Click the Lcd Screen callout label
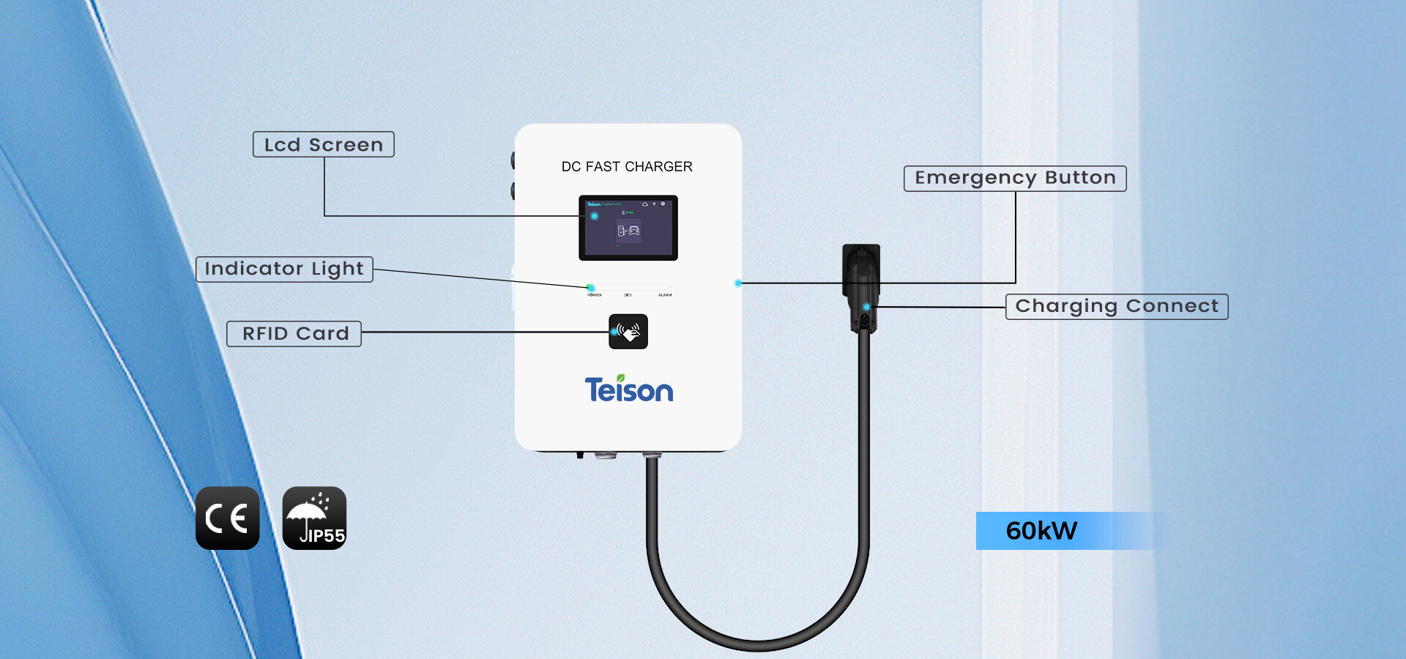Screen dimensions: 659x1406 pos(323,144)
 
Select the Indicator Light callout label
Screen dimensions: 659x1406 pos(284,269)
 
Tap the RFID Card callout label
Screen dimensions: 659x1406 pos(294,333)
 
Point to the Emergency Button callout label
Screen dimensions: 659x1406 pos(1015,178)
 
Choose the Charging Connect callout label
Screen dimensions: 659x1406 pos(1117,306)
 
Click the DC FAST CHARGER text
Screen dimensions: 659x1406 pos(627,167)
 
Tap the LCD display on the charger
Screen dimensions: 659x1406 pos(628,228)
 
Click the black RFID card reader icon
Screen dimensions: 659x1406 pos(628,332)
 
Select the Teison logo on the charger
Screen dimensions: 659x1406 pos(628,390)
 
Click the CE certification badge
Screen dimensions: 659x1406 pos(227,518)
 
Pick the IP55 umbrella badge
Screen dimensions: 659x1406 pos(314,518)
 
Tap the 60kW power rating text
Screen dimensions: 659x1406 pos(1041,531)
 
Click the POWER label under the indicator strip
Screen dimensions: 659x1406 pos(595,295)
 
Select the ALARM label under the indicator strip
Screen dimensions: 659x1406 pos(665,295)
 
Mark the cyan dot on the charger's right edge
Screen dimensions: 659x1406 pos(738,283)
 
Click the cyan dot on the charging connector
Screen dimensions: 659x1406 pos(866,307)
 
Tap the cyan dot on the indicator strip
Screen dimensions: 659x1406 pos(590,288)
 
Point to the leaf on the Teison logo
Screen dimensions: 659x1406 pos(621,378)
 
